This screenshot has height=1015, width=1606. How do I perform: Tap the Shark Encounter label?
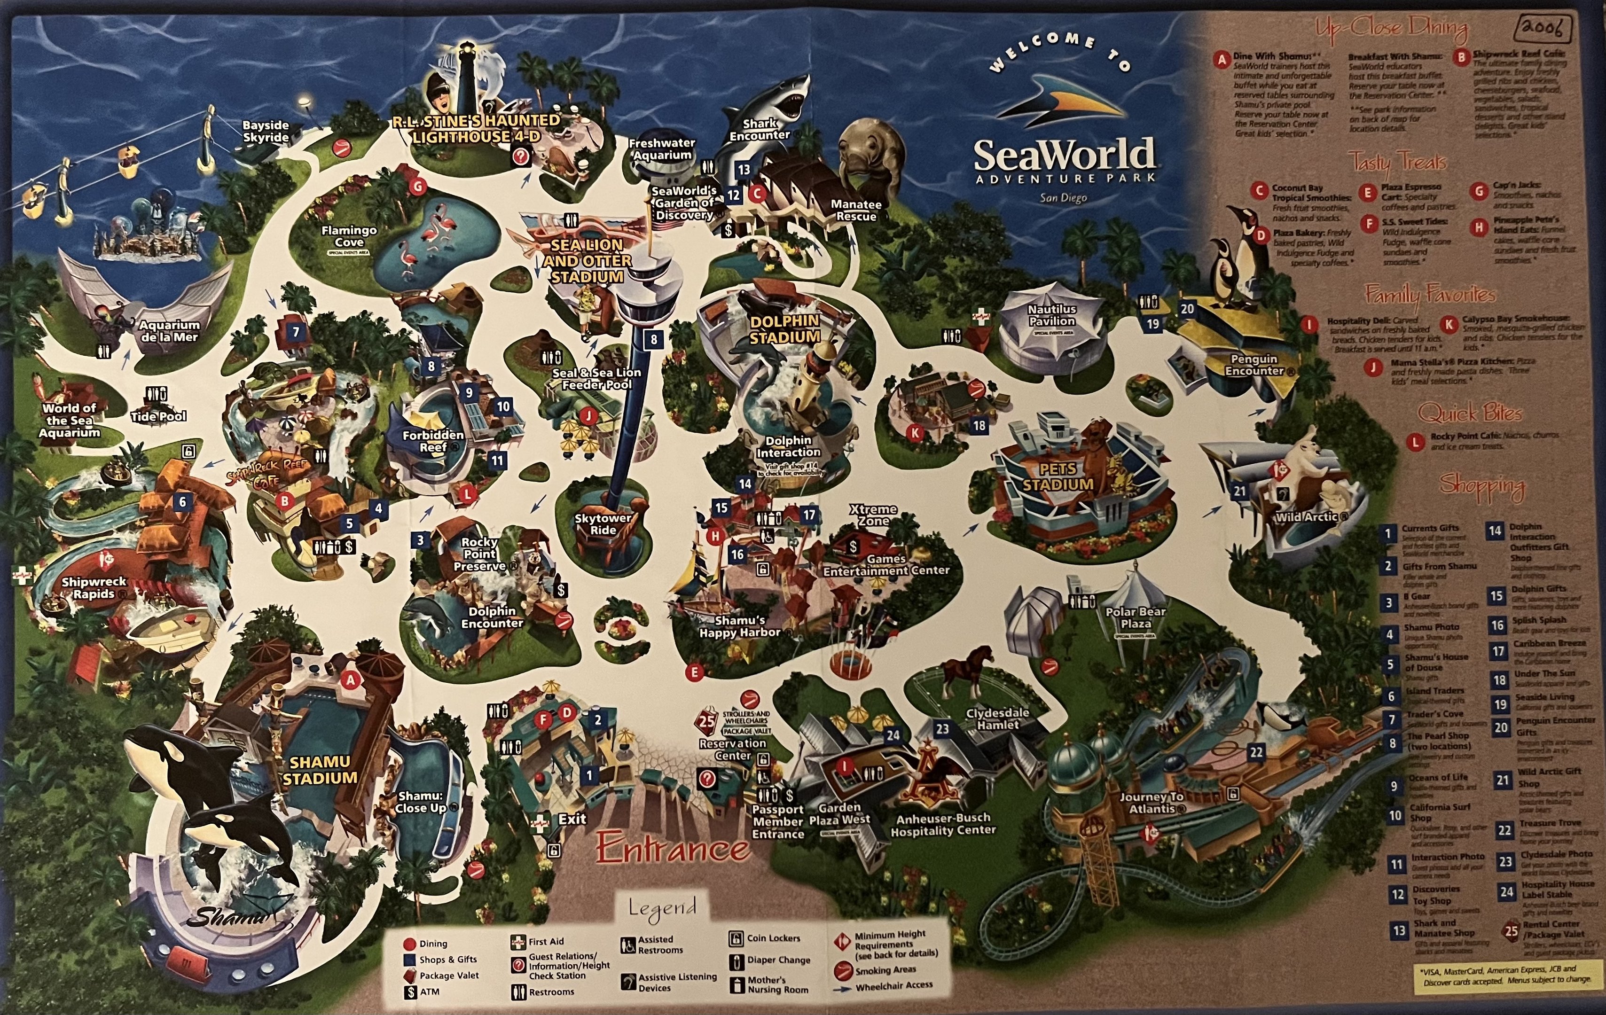[759, 129]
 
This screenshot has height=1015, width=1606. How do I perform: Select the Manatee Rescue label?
[856, 210]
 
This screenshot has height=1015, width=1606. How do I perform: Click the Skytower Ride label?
[603, 523]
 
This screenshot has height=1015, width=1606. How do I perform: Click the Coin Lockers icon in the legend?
[736, 939]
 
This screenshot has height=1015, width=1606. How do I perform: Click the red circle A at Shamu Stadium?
[350, 680]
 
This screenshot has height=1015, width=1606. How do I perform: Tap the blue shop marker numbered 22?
[1256, 752]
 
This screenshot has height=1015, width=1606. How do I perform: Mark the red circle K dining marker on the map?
[915, 433]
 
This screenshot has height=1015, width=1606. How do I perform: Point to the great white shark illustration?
[777, 100]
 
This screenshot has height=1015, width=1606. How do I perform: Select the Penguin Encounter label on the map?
[1254, 365]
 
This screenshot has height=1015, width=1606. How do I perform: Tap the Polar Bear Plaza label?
[1135, 617]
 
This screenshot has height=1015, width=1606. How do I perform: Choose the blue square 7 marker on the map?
[296, 331]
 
